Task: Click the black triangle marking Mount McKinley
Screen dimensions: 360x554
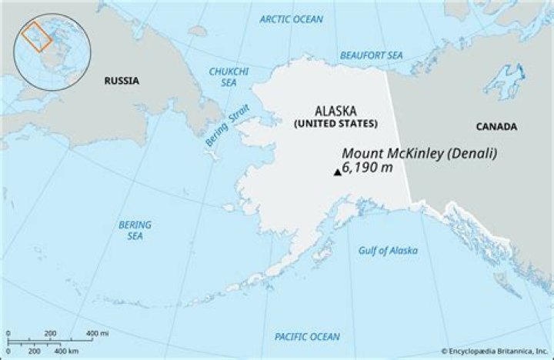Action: click(337, 172)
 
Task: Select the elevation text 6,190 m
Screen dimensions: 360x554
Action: click(368, 168)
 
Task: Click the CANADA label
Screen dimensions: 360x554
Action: click(496, 127)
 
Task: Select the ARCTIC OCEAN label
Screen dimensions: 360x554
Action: click(292, 18)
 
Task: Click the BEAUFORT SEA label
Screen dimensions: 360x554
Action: click(372, 55)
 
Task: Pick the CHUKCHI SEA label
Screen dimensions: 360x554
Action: click(225, 76)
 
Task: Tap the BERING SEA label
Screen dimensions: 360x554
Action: click(135, 230)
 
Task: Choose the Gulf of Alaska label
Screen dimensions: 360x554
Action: click(389, 251)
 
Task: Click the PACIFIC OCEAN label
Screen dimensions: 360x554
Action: click(307, 336)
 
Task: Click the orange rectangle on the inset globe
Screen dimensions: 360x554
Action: click(35, 37)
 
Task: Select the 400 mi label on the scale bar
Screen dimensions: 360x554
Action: click(97, 332)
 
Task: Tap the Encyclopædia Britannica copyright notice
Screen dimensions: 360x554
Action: click(494, 351)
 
